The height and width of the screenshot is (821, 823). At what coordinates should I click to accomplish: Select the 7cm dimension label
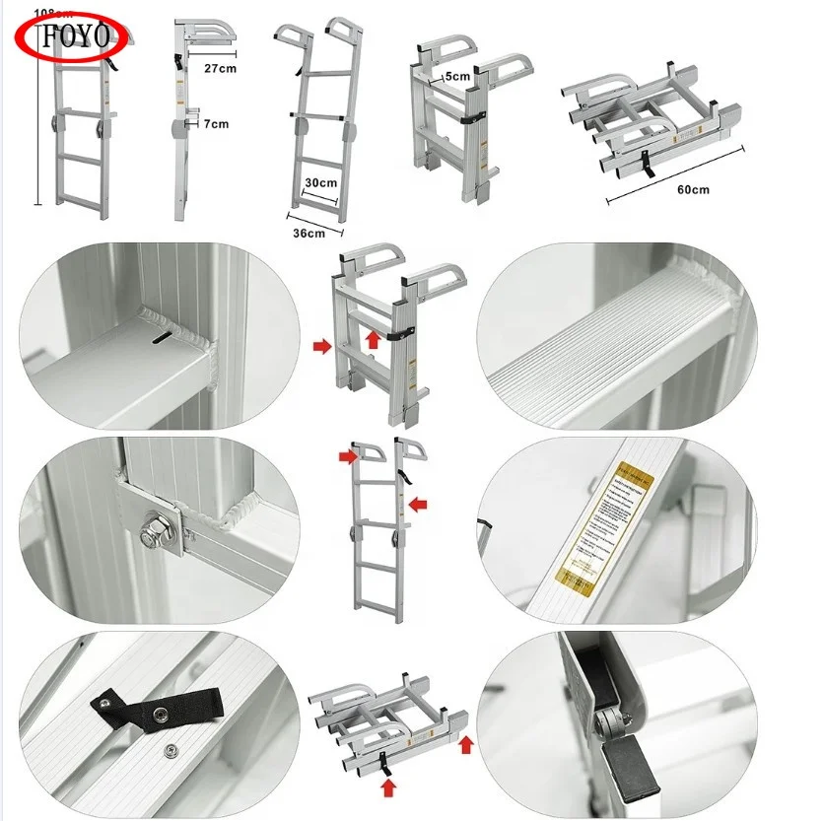[x=216, y=124]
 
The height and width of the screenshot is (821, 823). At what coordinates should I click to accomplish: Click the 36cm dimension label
[x=309, y=233]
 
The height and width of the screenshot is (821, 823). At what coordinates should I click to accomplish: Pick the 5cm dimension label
[x=456, y=75]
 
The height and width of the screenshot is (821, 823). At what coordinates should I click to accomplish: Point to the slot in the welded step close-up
[x=159, y=340]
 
